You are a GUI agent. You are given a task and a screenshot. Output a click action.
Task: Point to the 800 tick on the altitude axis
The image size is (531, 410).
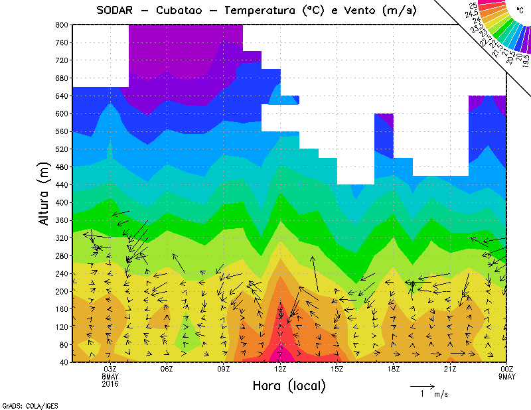point(60,25)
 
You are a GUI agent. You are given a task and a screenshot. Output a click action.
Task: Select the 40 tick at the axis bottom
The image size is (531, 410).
point(62,362)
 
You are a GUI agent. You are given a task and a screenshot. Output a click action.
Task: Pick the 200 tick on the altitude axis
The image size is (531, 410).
point(60,291)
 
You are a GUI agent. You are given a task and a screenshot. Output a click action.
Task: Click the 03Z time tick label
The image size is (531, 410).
point(110,370)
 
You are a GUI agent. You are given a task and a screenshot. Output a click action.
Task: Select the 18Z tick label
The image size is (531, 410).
point(394,370)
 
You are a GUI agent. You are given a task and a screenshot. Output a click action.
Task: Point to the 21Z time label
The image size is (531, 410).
point(450,370)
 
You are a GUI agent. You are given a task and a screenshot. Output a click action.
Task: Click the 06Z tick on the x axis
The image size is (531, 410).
point(167,370)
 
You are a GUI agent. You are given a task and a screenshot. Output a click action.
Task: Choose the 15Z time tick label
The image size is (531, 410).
point(337,370)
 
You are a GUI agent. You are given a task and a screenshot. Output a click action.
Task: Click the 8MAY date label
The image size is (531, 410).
point(110,377)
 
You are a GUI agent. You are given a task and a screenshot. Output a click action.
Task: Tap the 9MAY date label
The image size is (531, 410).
point(508,377)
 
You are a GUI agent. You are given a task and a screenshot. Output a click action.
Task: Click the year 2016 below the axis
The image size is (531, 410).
point(110,384)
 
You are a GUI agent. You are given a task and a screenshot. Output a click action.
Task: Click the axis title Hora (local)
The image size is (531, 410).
point(289,385)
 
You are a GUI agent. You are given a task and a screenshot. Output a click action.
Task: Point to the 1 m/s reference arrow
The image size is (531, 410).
point(422,385)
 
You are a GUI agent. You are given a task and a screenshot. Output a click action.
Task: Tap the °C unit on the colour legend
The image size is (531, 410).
point(520,11)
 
